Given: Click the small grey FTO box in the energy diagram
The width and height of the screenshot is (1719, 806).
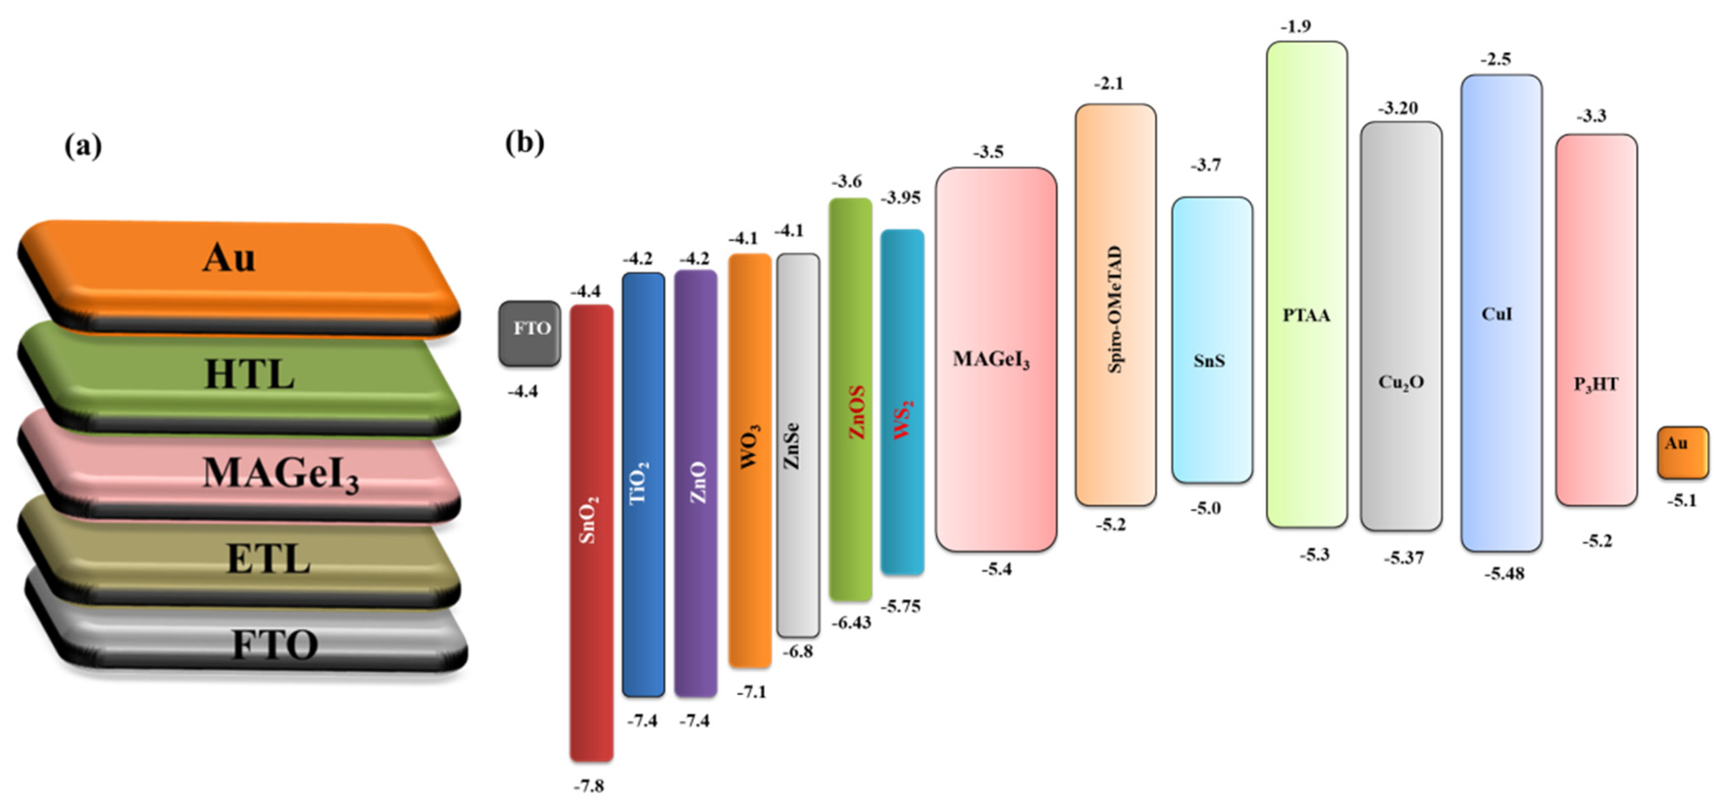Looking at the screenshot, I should [530, 333].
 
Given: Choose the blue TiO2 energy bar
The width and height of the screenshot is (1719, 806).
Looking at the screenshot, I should [643, 484].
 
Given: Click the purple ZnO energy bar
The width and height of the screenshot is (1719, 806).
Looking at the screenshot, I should [695, 484].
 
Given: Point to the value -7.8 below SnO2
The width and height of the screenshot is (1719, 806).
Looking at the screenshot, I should [589, 786].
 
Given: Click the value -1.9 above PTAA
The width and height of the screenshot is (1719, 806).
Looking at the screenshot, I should [1295, 26].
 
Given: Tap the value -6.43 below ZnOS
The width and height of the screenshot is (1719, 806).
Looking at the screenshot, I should [851, 622].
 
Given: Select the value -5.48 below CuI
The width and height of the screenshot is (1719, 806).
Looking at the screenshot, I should [1504, 573].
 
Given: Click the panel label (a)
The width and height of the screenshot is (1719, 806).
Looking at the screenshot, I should [83, 145].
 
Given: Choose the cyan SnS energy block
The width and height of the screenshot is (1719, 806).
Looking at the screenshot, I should [1212, 340].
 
